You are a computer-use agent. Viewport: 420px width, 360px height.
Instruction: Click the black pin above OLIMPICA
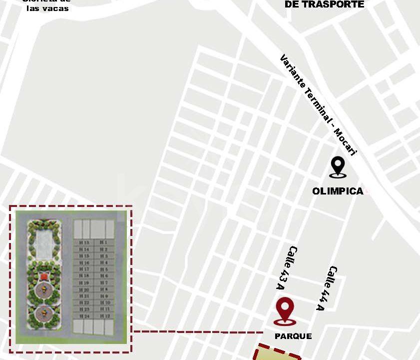[338, 166]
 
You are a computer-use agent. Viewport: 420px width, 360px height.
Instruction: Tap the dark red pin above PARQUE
[285, 310]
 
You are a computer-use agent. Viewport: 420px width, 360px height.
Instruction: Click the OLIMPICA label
[338, 191]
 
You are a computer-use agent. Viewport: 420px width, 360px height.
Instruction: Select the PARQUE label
[293, 336]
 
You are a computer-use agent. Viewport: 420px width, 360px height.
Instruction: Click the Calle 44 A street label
[327, 287]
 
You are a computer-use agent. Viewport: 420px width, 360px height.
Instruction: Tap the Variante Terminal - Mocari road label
[318, 105]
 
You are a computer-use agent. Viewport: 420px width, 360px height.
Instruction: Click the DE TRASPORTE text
[324, 4]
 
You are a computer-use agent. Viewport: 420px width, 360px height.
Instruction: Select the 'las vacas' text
[48, 8]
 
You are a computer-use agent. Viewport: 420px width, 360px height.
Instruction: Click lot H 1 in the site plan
[104, 242]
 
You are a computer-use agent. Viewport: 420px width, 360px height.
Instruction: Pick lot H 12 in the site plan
[104, 316]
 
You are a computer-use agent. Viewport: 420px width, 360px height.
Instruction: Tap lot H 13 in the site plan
[83, 242]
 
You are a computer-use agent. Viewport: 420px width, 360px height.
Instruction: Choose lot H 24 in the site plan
[83, 316]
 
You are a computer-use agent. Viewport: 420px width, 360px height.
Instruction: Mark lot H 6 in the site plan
[104, 276]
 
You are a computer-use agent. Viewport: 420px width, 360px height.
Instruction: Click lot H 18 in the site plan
[83, 276]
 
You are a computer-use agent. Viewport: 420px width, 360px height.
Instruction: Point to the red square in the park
[43, 276]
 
